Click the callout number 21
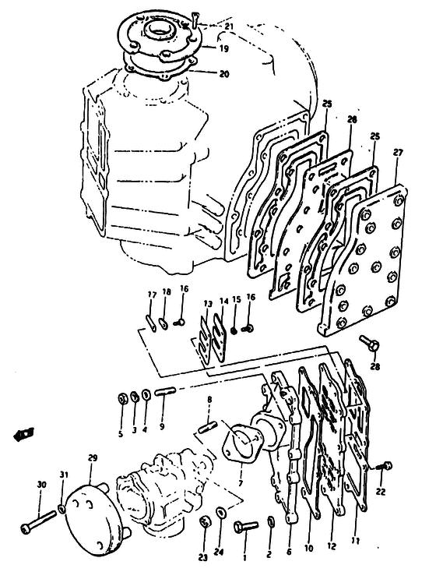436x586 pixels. pos(229,26)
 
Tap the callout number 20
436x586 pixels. pos(224,74)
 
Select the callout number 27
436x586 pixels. pos(399,153)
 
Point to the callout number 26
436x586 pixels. pos(352,119)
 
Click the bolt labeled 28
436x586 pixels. pos(370,343)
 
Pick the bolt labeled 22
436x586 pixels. pos(384,467)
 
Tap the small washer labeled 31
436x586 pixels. pos(62,507)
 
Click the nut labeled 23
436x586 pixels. pos(204,521)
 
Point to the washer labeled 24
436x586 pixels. pos(220,512)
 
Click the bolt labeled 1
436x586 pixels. pos(246,526)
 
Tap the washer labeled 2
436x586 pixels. pos(271,521)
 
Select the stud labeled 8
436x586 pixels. pos(209,427)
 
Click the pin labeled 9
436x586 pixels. pos(164,391)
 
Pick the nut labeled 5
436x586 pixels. pos(121,399)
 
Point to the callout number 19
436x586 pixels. pos(224,48)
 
